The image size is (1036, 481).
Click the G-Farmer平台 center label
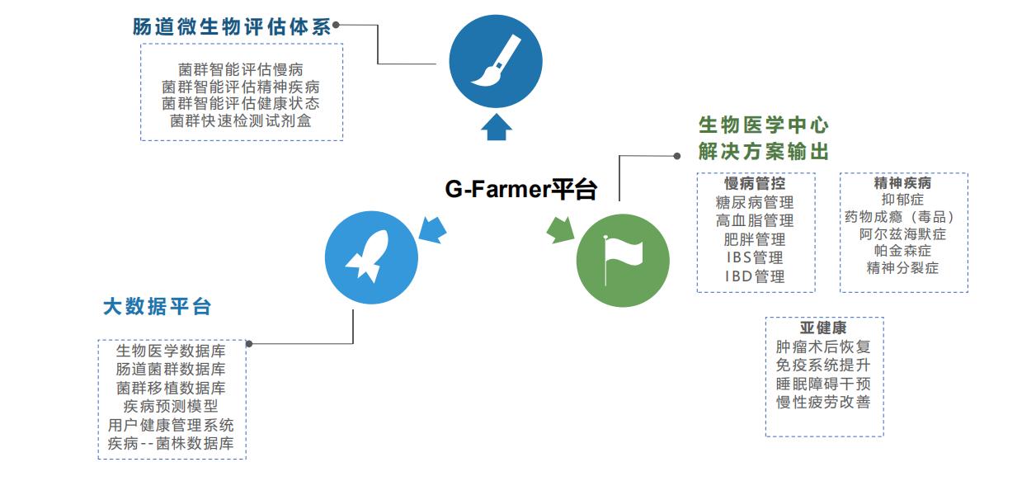tap(520, 190)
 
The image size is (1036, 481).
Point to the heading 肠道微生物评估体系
tap(232, 26)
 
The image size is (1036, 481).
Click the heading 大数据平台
tap(158, 307)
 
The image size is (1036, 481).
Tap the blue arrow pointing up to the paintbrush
tap(495, 128)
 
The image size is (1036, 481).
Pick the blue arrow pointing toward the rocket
tap(431, 229)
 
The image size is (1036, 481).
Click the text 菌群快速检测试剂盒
tap(241, 121)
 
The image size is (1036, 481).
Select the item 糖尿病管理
tap(755, 202)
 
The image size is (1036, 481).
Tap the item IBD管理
tap(755, 276)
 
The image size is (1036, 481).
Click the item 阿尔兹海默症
tap(902, 234)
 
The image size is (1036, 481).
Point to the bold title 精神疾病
tap(902, 182)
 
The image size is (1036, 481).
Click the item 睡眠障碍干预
tap(823, 384)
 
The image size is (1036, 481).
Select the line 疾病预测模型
tap(171, 407)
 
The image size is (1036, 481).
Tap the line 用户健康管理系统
tap(171, 426)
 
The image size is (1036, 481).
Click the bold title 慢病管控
tap(755, 183)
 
